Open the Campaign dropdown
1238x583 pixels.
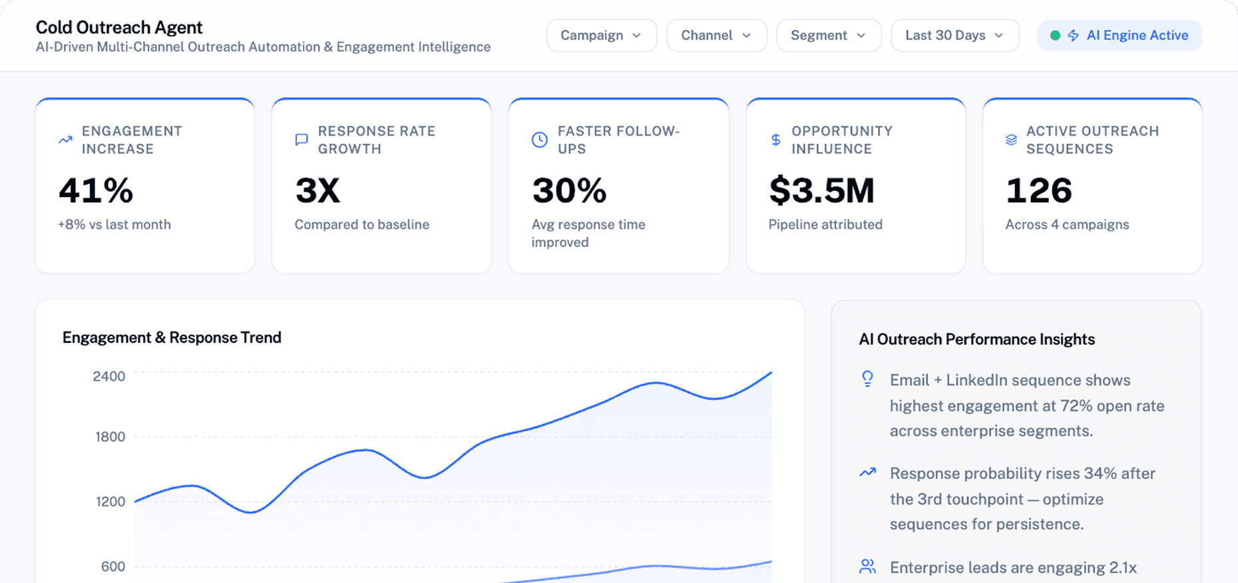coord(601,35)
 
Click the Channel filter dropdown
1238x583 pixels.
coord(716,35)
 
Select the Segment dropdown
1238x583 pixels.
coord(828,35)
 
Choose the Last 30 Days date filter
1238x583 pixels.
coord(954,35)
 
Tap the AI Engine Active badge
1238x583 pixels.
coord(1120,35)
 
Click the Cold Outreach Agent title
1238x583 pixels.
coord(119,27)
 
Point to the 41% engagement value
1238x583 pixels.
coord(96,190)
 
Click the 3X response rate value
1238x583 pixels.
coord(317,190)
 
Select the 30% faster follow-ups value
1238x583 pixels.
coord(569,190)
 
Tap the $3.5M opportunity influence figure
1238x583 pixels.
coord(821,190)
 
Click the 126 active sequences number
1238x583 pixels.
coord(1038,190)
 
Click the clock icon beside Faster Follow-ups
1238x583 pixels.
coord(540,140)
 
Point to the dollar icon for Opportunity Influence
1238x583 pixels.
coord(775,140)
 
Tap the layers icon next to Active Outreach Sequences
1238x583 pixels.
coord(1011,140)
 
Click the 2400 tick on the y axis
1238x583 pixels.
coord(109,377)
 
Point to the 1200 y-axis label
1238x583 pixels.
coord(110,502)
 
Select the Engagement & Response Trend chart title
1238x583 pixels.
coord(172,337)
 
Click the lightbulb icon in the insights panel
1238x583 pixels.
coord(867,379)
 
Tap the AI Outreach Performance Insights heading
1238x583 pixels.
coord(976,339)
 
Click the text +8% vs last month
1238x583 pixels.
coord(114,225)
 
